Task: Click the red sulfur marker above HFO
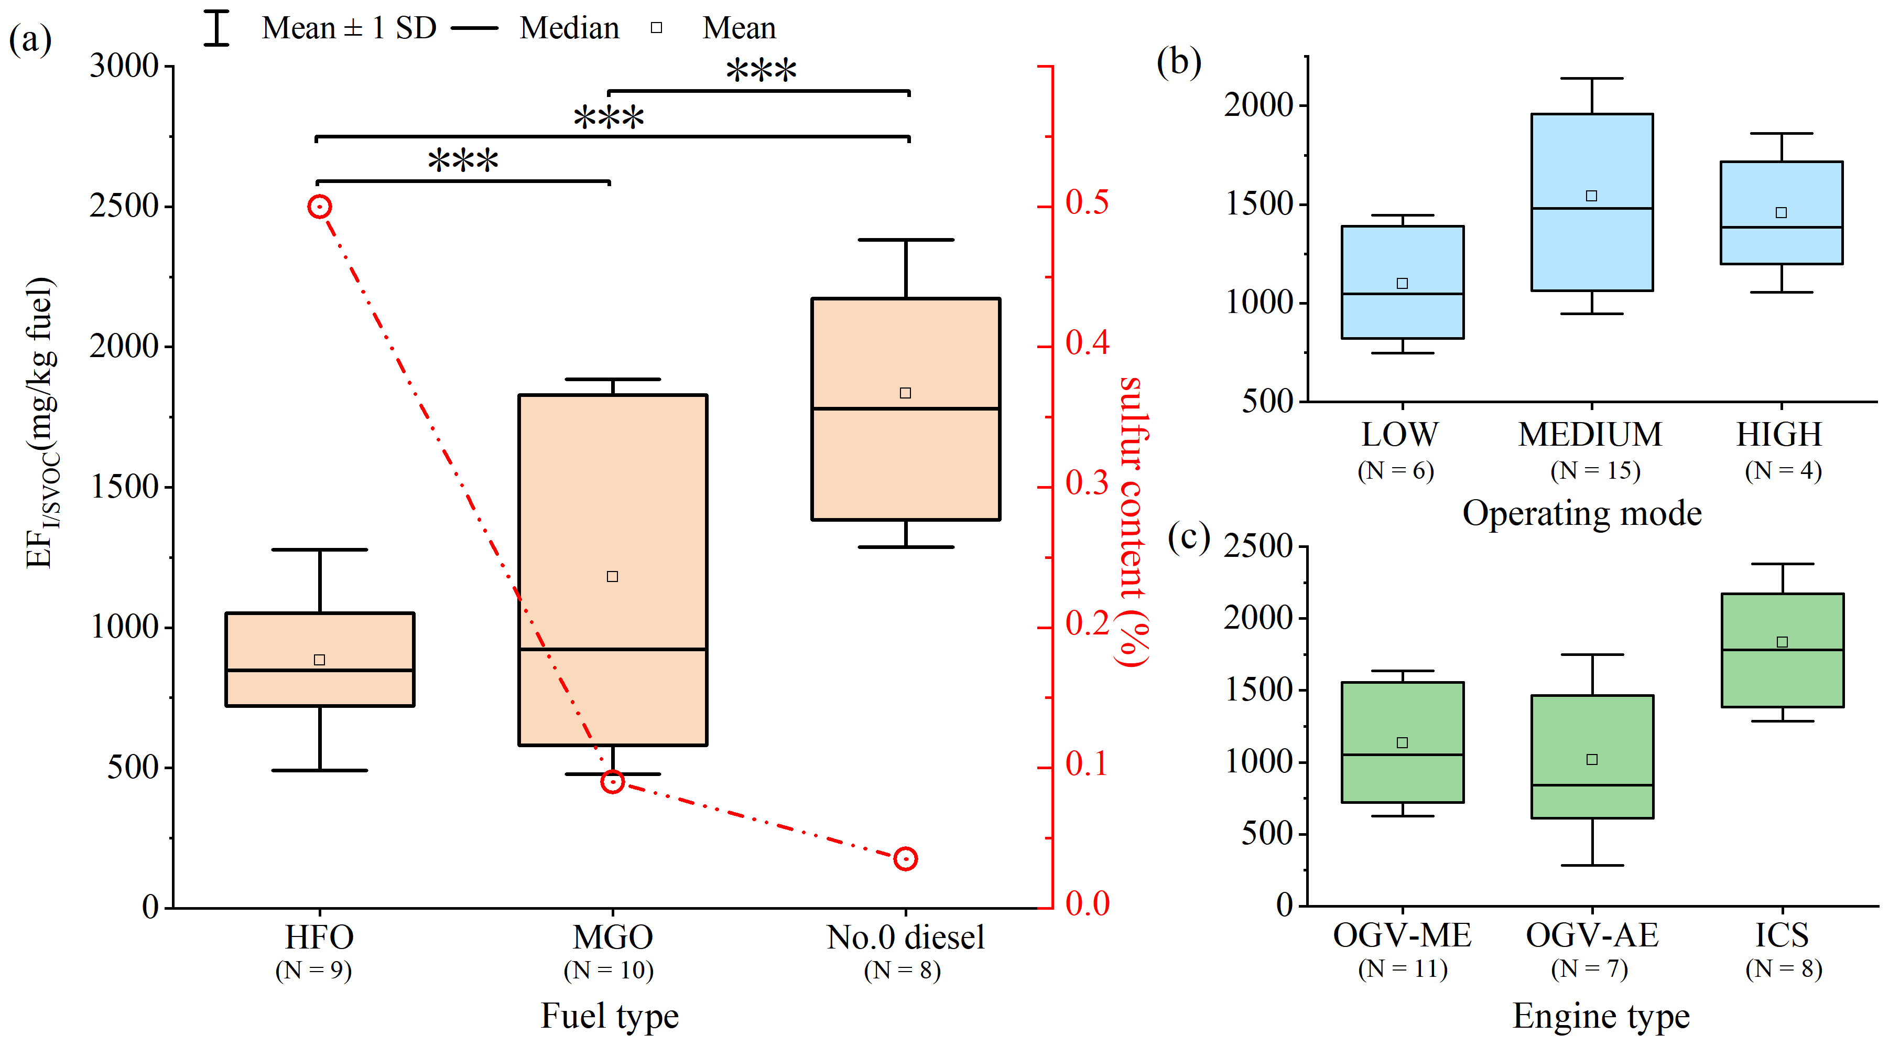319,207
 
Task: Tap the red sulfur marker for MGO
612,782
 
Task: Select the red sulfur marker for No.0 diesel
906,859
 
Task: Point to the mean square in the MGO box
612,576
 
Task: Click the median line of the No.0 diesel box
906,408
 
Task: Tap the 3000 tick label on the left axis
124,66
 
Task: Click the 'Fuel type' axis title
610,1016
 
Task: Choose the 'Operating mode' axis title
1582,513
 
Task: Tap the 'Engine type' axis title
1601,1016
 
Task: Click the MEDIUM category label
1590,434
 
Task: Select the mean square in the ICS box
1782,642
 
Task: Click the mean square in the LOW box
1402,283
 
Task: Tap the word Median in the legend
569,28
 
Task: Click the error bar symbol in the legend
216,28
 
